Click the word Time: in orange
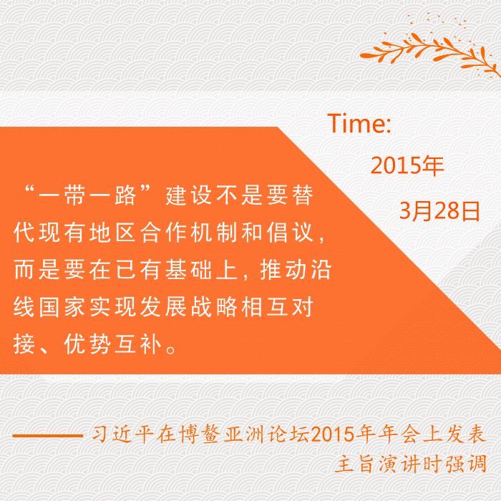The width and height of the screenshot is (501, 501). [x=359, y=123]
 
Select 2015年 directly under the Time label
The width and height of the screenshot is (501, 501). [x=407, y=165]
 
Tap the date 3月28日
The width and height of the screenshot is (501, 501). [x=439, y=211]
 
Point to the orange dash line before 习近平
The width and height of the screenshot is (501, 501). [x=48, y=435]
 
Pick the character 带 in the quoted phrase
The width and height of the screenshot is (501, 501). [x=74, y=195]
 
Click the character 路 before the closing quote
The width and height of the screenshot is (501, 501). [x=125, y=195]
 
